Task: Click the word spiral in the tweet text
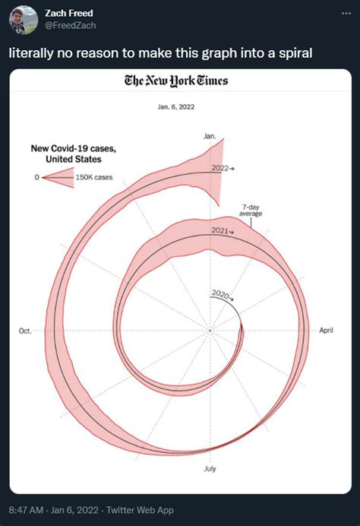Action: tap(276, 55)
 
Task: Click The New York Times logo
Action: tap(180, 81)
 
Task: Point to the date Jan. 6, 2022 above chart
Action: tap(179, 106)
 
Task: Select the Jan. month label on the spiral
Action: tap(210, 136)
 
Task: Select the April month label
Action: tap(327, 331)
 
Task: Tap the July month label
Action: tap(210, 468)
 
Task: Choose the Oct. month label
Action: tap(24, 331)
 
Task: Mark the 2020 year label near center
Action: tap(219, 293)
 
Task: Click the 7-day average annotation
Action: tap(251, 211)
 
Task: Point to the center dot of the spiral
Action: tap(210, 331)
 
